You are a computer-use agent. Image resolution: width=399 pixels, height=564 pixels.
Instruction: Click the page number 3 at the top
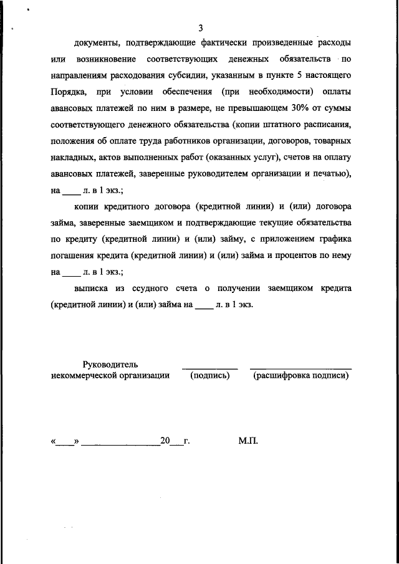coord(200,27)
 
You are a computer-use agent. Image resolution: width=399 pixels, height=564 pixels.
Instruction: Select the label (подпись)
coord(210,375)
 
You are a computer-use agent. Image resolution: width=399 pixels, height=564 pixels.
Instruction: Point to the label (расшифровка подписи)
coord(301,375)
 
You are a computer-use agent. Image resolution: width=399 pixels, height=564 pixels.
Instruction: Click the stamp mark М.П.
coord(248,441)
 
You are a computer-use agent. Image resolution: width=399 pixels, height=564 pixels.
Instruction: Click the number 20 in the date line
coord(165,441)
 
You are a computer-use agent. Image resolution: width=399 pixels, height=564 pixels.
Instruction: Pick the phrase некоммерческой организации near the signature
coord(110,375)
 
